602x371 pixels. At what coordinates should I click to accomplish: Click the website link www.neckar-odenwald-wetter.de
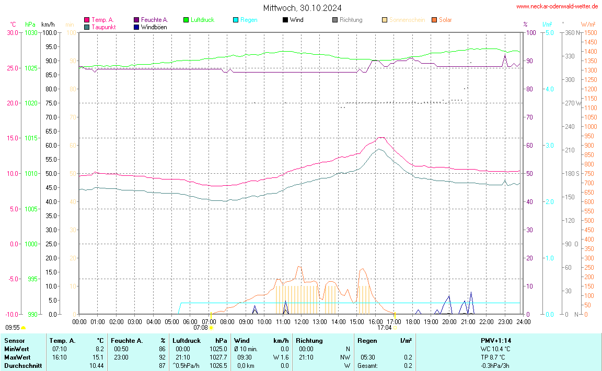pyautogui.click(x=557, y=6)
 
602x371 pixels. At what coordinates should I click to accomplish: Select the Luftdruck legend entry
pyautogui.click(x=202, y=20)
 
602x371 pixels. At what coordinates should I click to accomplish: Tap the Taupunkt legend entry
pyautogui.click(x=103, y=27)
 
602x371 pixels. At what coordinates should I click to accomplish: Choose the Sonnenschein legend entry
pyautogui.click(x=407, y=20)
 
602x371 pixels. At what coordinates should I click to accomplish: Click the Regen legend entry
pyautogui.click(x=248, y=20)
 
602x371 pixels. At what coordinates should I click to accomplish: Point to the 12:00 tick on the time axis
pyautogui.click(x=302, y=322)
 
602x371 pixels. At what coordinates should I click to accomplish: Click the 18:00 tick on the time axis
pyautogui.click(x=413, y=322)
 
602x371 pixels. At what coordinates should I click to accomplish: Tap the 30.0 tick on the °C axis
pyautogui.click(x=13, y=32)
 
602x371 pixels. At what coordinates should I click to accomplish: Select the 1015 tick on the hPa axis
pyautogui.click(x=31, y=138)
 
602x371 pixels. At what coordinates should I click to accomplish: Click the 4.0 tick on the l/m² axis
pyautogui.click(x=549, y=89)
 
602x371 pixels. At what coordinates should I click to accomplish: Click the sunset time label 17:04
pyautogui.click(x=385, y=328)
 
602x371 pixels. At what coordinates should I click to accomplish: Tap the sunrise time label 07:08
pyautogui.click(x=201, y=328)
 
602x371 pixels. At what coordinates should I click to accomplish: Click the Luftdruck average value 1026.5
pyautogui.click(x=220, y=366)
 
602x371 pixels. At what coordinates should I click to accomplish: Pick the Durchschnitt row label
pyautogui.click(x=23, y=366)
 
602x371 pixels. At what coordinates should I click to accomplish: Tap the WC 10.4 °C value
pyautogui.click(x=495, y=349)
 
